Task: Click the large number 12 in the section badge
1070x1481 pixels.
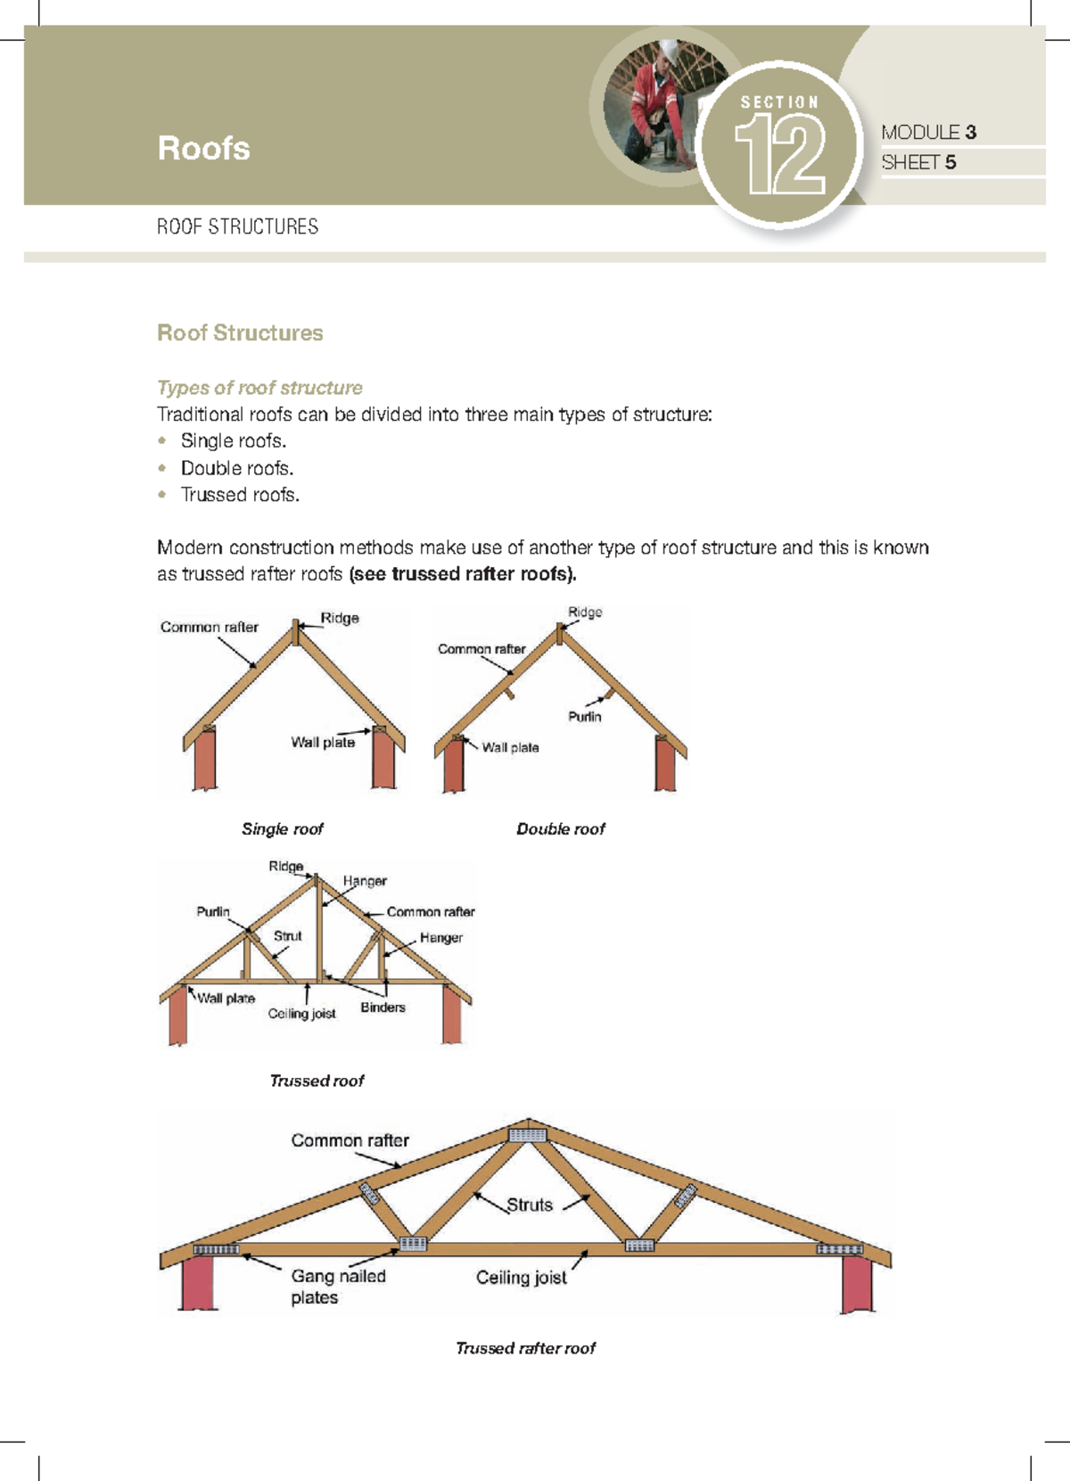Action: point(781,156)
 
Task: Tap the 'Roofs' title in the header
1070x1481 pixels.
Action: point(203,148)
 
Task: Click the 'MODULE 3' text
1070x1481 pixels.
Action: point(928,132)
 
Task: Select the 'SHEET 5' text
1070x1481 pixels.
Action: point(918,162)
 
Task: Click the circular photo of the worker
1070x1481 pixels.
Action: point(655,103)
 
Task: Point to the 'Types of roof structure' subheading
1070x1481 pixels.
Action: point(259,388)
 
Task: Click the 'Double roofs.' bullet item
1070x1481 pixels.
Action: point(236,468)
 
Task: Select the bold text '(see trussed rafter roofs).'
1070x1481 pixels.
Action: point(463,574)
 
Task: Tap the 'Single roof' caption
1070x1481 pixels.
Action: point(282,829)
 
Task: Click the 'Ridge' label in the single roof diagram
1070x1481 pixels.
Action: point(340,618)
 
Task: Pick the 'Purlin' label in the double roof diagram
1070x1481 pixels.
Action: point(585,717)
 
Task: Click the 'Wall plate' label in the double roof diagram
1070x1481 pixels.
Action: point(510,748)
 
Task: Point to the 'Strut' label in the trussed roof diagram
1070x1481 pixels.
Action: point(287,936)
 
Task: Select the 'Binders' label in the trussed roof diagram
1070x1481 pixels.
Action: point(383,1008)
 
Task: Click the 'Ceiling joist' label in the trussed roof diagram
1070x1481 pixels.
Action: point(301,1014)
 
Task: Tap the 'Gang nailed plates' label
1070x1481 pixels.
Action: point(337,1287)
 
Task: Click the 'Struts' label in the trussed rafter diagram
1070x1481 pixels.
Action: point(530,1205)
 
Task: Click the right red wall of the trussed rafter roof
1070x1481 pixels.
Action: point(857,1284)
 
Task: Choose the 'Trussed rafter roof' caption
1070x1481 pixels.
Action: point(525,1348)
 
